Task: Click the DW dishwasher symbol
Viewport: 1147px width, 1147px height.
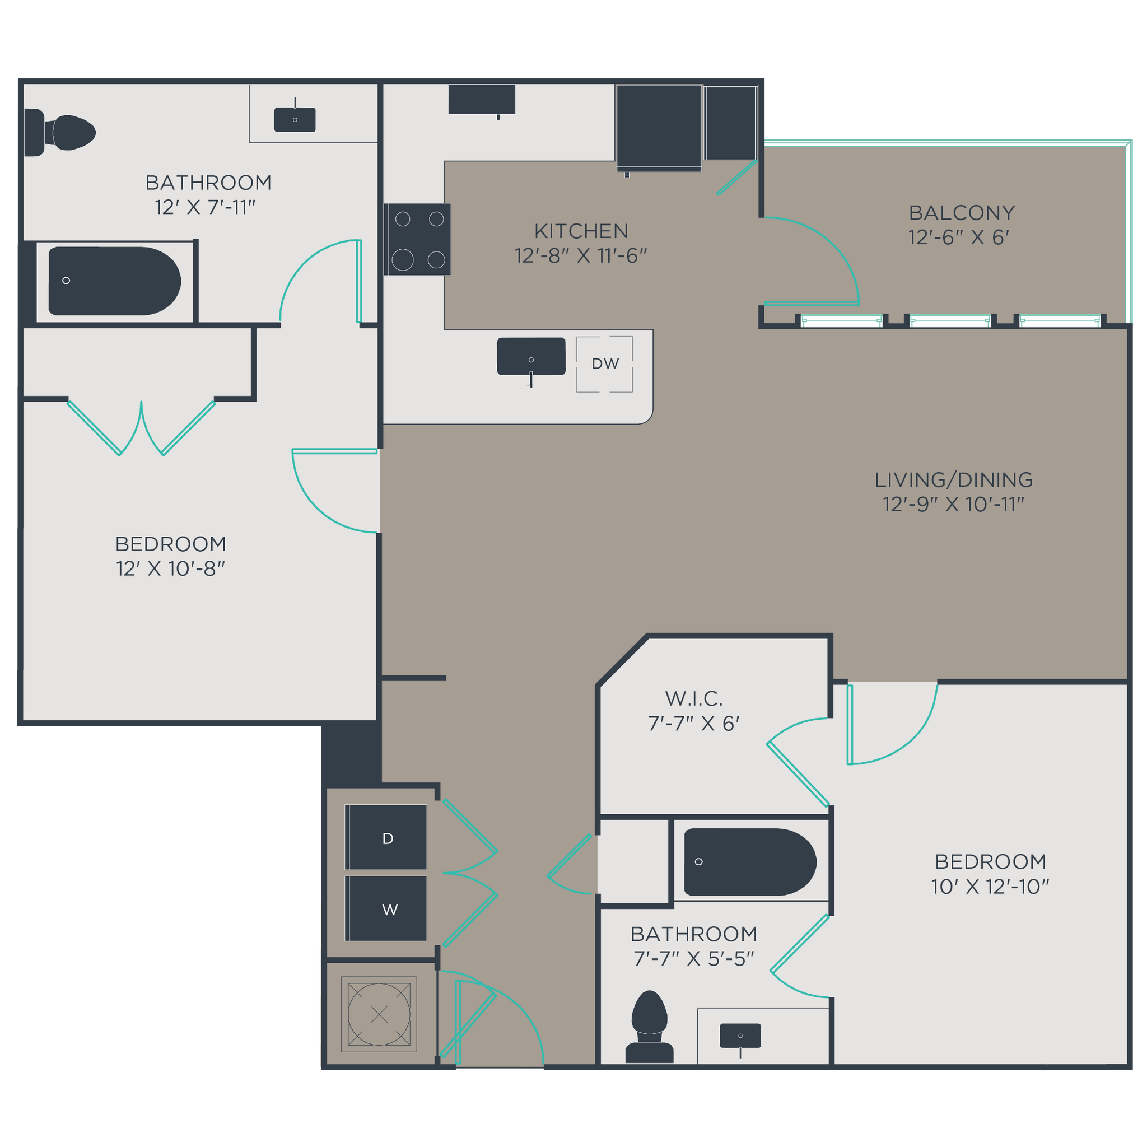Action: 604,363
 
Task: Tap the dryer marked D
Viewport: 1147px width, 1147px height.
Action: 386,837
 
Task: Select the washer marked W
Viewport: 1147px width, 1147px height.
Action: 386,908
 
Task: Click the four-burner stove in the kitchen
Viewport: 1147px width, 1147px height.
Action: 418,239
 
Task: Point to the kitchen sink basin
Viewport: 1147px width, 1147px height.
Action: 531,356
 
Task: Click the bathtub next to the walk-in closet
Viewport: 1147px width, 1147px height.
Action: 749,861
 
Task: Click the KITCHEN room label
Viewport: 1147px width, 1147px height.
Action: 581,231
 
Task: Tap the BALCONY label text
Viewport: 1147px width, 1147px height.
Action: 961,212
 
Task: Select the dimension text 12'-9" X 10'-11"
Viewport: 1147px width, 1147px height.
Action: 953,504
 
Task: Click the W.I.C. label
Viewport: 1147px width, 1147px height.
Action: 693,699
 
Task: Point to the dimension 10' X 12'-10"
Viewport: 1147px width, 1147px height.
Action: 990,887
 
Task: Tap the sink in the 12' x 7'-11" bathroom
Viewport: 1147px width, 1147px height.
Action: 295,120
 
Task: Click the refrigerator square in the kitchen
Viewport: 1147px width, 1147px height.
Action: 659,127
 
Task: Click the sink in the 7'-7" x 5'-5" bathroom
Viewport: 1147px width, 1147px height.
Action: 740,1036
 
